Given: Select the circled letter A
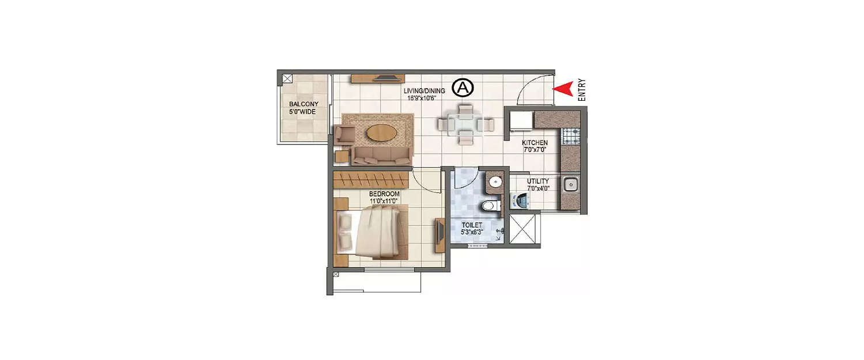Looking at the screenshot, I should point(463,88).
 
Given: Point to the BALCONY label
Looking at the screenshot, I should point(302,108).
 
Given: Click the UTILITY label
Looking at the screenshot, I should point(538,184).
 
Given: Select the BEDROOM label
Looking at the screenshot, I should point(384,198).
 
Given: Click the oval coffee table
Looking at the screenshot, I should point(381,132).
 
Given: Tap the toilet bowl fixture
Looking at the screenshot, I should point(489,206).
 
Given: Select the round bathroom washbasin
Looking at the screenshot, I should point(495,183).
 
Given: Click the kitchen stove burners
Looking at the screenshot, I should point(571,137).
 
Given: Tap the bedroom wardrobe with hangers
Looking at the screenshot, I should point(372,176).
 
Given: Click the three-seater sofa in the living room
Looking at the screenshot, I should point(381,155).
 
